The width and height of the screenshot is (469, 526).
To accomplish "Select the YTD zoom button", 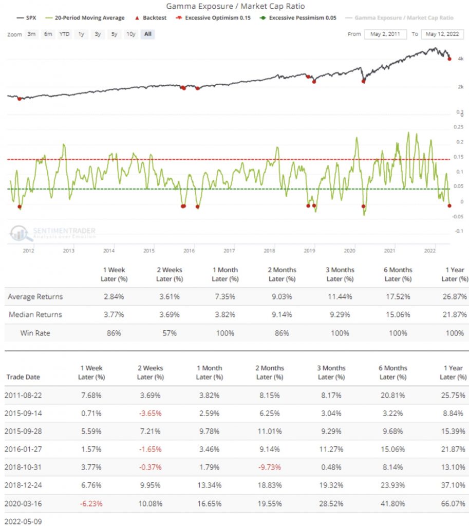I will pyautogui.click(x=64, y=34).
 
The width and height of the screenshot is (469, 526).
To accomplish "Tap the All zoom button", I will pyautogui.click(x=147, y=34).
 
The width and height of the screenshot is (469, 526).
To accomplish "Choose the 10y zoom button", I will pyautogui.click(x=130, y=34).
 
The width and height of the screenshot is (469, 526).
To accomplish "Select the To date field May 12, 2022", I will pyautogui.click(x=442, y=34).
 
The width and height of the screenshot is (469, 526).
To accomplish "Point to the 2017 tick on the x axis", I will pyautogui.click(x=229, y=251).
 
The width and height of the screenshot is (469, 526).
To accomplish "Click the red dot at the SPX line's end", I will pyautogui.click(x=449, y=59).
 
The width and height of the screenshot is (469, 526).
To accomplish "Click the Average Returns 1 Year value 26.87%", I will pyautogui.click(x=456, y=297).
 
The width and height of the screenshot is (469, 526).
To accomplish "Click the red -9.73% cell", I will pyautogui.click(x=269, y=467).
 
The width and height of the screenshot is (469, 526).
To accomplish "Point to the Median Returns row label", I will pyautogui.click(x=35, y=315).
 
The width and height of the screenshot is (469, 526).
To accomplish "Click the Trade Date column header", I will pyautogui.click(x=23, y=377).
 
